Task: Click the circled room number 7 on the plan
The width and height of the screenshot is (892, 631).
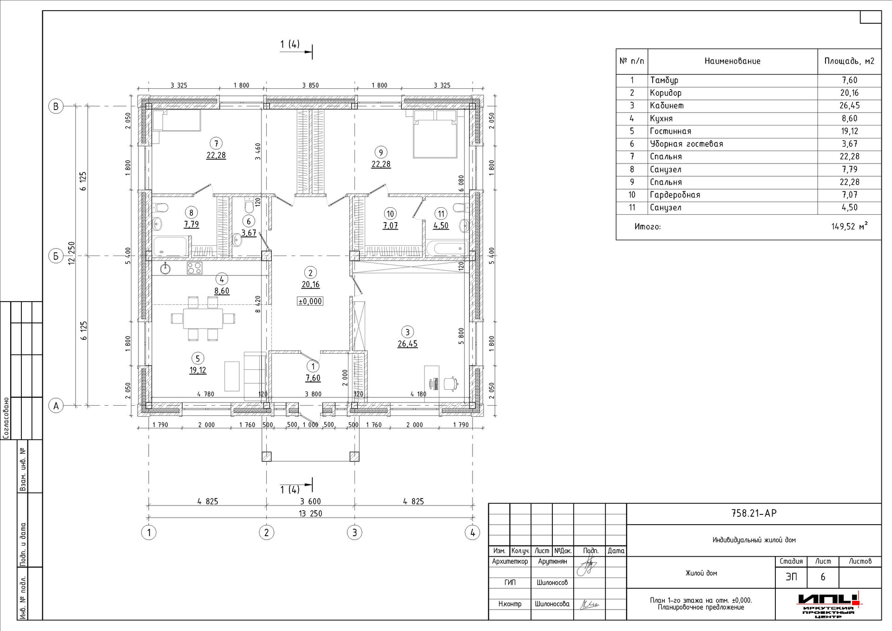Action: [216, 143]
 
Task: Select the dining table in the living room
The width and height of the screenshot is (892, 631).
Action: [203, 318]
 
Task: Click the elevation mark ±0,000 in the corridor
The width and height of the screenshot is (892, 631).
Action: [310, 301]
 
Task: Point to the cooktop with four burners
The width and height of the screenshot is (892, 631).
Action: [195, 268]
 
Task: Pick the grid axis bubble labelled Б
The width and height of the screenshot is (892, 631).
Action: [56, 256]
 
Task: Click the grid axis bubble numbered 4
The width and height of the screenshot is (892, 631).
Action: [472, 532]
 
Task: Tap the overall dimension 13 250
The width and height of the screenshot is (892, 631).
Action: [310, 513]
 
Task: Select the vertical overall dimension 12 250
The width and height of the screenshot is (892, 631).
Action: [72, 253]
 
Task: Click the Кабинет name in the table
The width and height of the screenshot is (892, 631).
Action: [667, 106]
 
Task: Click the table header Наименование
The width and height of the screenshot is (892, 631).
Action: [732, 61]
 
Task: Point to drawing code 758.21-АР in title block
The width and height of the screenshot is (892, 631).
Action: [754, 513]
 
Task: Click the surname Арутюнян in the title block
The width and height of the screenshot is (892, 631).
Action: [552, 561]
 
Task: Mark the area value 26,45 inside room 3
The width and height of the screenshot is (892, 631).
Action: [407, 344]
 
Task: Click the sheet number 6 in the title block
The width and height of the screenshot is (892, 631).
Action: [823, 577]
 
